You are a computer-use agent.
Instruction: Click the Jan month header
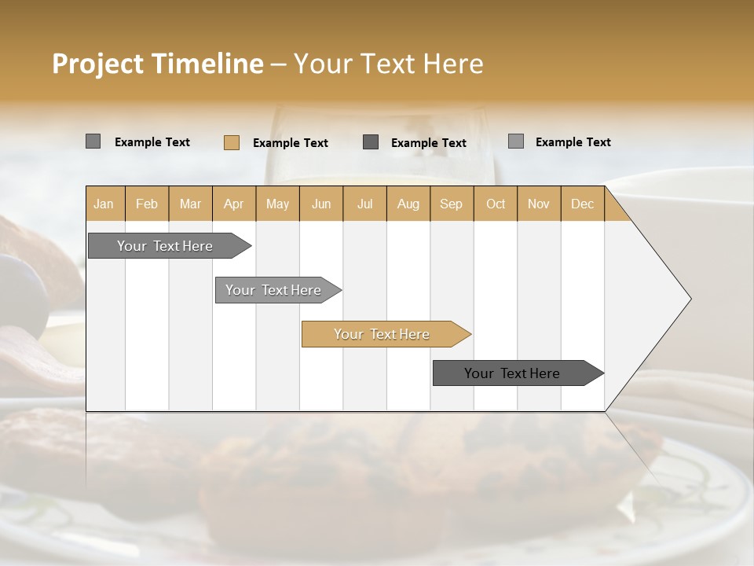104,204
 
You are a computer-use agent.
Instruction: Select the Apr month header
233,204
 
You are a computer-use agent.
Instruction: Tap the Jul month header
364,204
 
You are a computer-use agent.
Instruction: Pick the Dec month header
582,204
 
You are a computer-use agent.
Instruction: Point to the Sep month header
451,204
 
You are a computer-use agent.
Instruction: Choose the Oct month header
495,204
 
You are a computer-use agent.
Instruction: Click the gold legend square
231,142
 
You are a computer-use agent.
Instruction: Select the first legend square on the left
93,141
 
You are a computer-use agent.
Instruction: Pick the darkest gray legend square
371,141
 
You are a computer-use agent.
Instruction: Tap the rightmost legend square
515,141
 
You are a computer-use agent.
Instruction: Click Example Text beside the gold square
290,142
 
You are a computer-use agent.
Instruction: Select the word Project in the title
97,64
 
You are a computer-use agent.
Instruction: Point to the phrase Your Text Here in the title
388,64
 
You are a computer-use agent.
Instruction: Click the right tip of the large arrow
689,299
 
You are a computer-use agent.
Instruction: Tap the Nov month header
538,204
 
